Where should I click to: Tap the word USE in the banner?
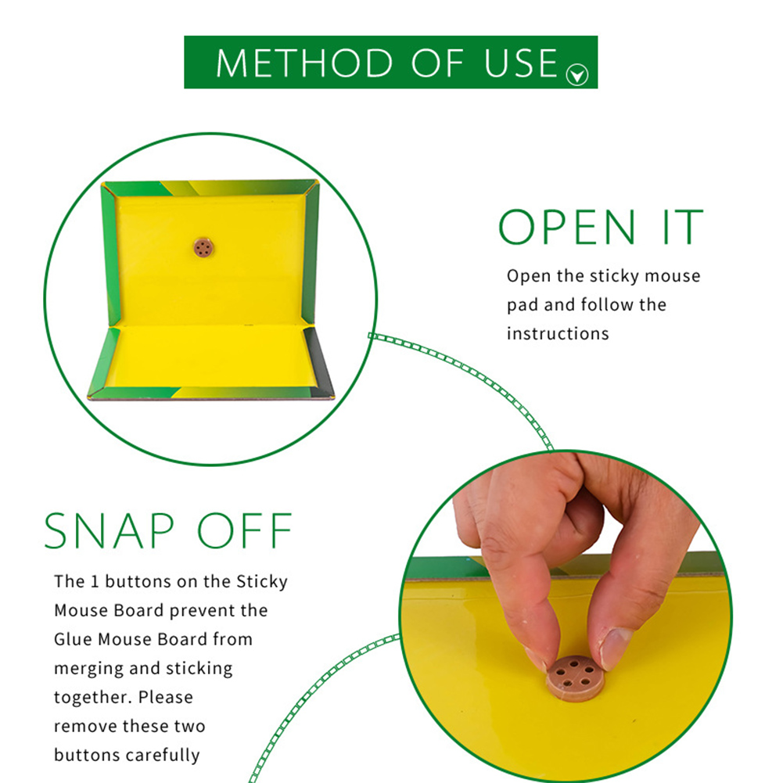pyautogui.click(x=521, y=63)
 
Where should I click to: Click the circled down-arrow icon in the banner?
pyautogui.click(x=576, y=75)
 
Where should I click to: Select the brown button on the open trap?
pyautogui.click(x=203, y=248)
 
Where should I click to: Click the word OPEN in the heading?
pyautogui.click(x=567, y=227)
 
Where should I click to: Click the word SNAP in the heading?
pyautogui.click(x=109, y=531)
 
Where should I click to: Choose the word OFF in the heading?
pyautogui.click(x=245, y=531)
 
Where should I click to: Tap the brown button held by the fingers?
pyautogui.click(x=575, y=677)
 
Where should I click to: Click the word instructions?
pyautogui.click(x=558, y=333)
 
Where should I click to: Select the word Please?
pyautogui.click(x=166, y=697)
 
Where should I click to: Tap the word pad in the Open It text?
pyautogui.click(x=523, y=305)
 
